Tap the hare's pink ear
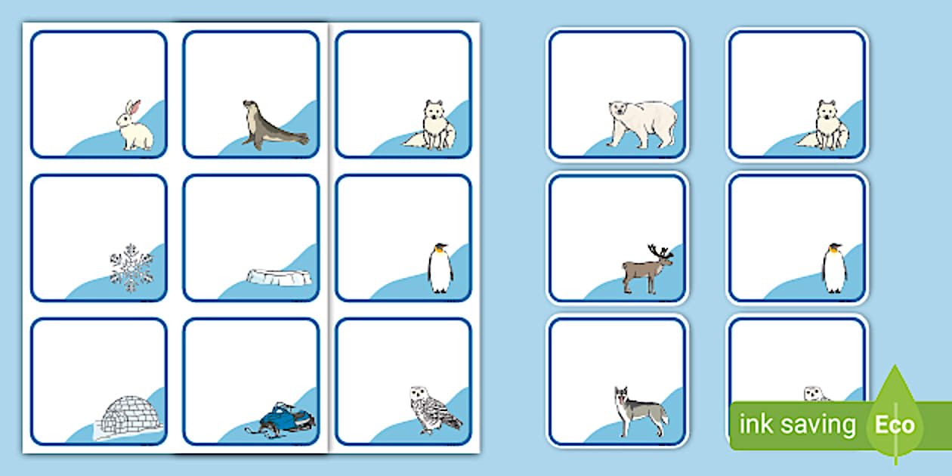click(135, 108)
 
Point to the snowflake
click(131, 267)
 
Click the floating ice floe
click(279, 277)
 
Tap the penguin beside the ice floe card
click(440, 268)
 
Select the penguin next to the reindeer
click(834, 268)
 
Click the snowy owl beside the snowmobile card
click(433, 410)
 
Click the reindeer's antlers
click(660, 252)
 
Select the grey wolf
click(640, 411)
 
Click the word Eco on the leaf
click(895, 425)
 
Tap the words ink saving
click(797, 424)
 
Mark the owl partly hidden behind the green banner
click(817, 394)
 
